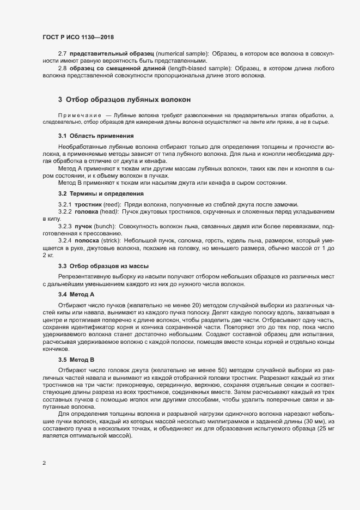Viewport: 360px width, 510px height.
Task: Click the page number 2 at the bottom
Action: pyautogui.click(x=44, y=464)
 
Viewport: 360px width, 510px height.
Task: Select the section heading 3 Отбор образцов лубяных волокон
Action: pyautogui.click(x=124, y=100)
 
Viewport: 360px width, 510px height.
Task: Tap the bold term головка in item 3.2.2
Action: pyautogui.click(x=87, y=211)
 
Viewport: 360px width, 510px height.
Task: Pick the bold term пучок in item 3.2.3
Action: pyautogui.click(x=83, y=226)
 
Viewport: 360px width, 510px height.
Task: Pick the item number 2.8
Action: pyautogui.click(x=62, y=68)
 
